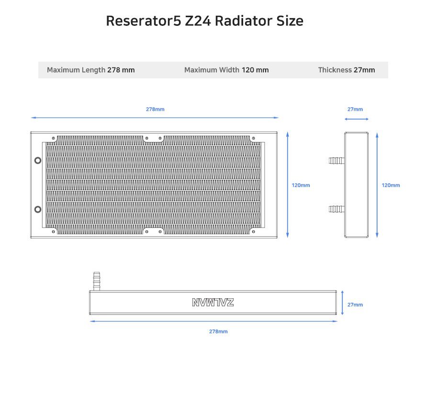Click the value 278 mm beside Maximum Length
coord(121,70)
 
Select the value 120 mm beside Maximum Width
coord(255,70)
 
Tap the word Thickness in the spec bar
coord(335,70)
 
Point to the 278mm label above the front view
coord(155,109)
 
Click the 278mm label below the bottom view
coord(218,331)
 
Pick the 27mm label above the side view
coord(355,109)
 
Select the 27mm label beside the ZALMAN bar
coord(355,305)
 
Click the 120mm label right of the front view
coord(301,185)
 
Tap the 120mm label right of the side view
coord(391,185)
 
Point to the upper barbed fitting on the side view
coord(336,161)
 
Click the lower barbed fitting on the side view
coord(336,209)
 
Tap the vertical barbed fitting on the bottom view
coord(96,281)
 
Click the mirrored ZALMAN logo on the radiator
coord(213,303)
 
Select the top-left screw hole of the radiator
coord(53,138)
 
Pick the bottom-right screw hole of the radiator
coord(253,232)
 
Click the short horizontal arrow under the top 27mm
coord(357,119)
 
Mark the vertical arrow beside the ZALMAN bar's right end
coord(342,303)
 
